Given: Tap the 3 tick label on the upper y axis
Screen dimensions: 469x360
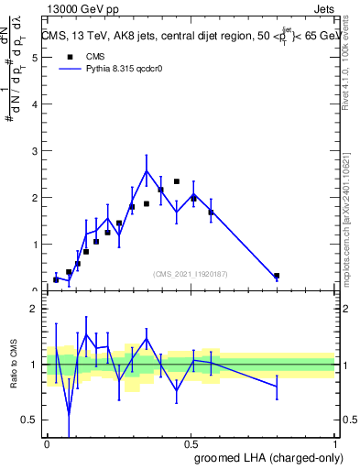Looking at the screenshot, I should pyautogui.click(x=33, y=150).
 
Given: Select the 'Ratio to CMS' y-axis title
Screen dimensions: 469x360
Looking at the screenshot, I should pyautogui.click(x=13, y=365).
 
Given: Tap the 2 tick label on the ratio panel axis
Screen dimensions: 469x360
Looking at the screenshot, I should pyautogui.click(x=33, y=309).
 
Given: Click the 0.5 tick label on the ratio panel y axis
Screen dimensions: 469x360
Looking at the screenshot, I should pyautogui.click(x=30, y=420).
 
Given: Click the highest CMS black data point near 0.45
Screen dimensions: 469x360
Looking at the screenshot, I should pyautogui.click(x=177, y=181).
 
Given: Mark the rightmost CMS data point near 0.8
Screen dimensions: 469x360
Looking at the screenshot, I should pyautogui.click(x=277, y=276).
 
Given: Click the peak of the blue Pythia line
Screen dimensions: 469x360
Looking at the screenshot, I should pyautogui.click(x=147, y=170).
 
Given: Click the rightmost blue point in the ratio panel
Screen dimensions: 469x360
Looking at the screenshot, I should pyautogui.click(x=277, y=386).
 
